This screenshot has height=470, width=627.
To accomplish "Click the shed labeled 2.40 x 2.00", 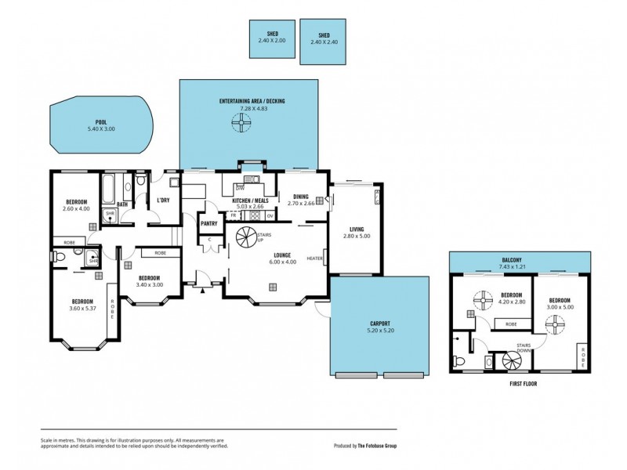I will [272, 38].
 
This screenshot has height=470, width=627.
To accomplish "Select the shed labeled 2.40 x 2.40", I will [323, 42].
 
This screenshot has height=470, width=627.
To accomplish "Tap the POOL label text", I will [100, 122].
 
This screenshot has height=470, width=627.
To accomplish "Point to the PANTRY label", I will [208, 224].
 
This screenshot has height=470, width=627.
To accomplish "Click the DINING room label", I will [300, 197].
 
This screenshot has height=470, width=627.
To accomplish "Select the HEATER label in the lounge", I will [315, 258].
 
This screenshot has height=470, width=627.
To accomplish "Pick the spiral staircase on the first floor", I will [513, 361].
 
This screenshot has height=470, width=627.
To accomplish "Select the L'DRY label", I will [163, 201].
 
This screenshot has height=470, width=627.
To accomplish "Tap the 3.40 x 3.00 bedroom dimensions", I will [149, 285].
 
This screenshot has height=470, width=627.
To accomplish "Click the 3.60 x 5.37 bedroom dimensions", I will [82, 309].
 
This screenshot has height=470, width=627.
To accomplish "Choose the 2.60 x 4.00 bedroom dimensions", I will [76, 209].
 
